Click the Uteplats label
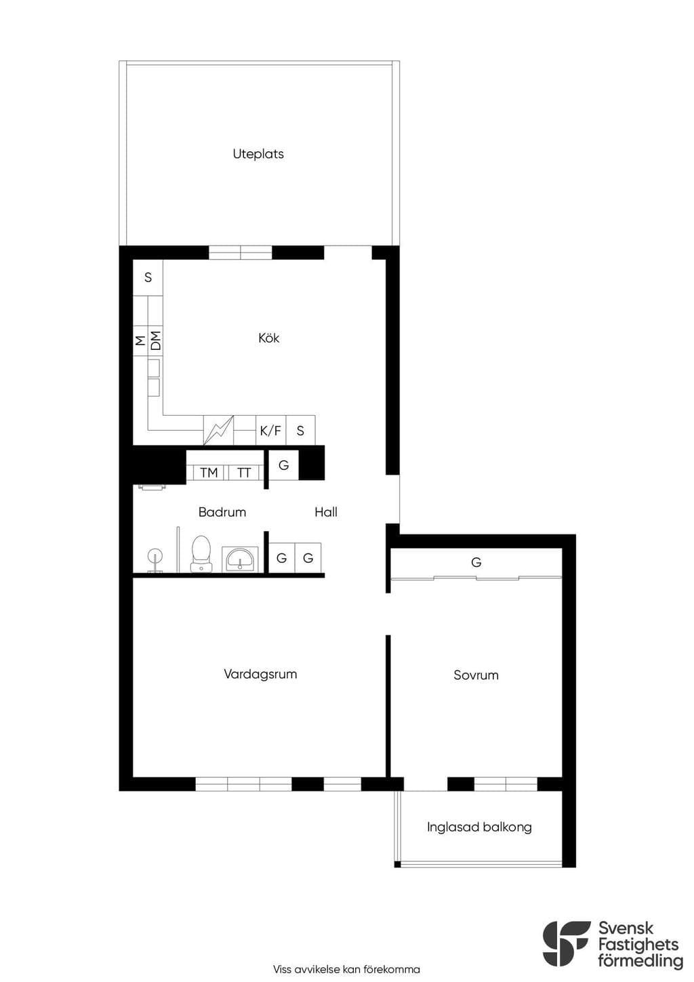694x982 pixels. coord(258,154)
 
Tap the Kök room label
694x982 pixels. coord(268,338)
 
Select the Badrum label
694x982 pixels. coord(222,512)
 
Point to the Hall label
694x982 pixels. coord(326,512)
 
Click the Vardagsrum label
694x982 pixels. coord(260,674)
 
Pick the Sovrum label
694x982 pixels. coord(476,675)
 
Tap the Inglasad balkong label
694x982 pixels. coord(479,827)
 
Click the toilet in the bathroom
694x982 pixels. coord(201,554)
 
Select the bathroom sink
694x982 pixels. coord(240,559)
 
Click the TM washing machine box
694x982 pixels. coord(209,473)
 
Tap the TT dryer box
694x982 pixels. coord(244,473)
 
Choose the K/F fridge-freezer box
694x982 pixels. coord(271,430)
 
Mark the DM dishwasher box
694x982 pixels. coord(155,340)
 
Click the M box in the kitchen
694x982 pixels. coord(140,340)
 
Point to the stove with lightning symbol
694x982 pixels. coord(219,430)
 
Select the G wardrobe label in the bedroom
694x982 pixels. coord(476,562)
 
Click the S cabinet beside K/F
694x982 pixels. coord(300,430)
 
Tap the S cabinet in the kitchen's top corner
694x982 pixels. coord(148,277)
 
